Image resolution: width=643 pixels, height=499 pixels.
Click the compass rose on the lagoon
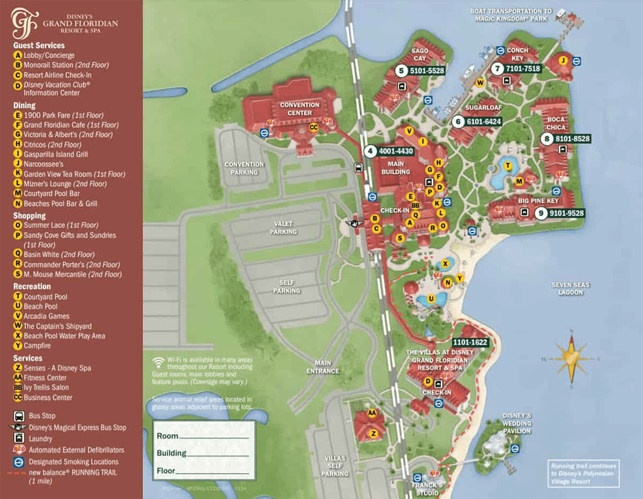571,358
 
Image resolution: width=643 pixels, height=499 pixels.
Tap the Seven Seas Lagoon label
571,289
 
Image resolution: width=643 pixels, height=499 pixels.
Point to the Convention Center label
300,109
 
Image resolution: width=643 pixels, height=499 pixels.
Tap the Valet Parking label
283,228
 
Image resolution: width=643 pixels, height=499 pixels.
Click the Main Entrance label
323,367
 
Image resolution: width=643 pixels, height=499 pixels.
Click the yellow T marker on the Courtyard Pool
507,166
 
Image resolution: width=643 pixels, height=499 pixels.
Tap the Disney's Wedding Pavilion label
517,423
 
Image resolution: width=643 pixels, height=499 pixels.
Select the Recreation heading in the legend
32,286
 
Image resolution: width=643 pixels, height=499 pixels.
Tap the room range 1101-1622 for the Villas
470,342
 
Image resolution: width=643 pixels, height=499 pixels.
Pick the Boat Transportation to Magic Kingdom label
511,14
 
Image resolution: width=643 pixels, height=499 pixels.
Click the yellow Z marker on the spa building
373,433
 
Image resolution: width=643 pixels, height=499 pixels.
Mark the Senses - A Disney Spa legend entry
57,368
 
